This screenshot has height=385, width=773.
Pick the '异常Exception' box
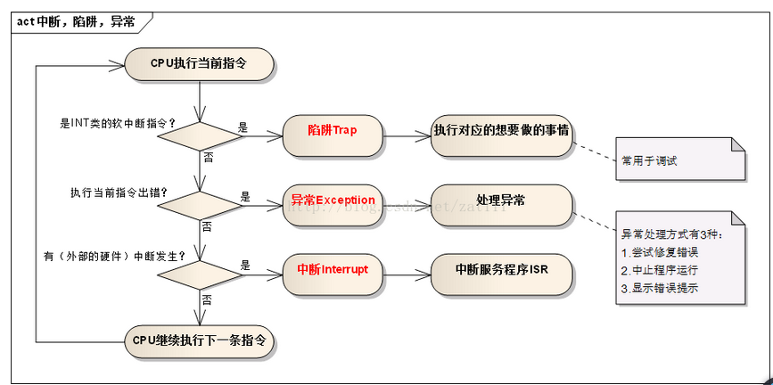[x=332, y=201]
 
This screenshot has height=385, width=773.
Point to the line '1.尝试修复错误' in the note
[x=660, y=251]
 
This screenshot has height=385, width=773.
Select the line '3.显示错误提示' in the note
[x=660, y=287]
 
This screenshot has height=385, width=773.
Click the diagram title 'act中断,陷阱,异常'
[x=76, y=22]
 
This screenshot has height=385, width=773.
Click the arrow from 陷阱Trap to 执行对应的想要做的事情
[x=407, y=136]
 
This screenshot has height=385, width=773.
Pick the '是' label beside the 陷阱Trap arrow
[x=243, y=127]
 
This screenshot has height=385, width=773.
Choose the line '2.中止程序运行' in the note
[x=660, y=269]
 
